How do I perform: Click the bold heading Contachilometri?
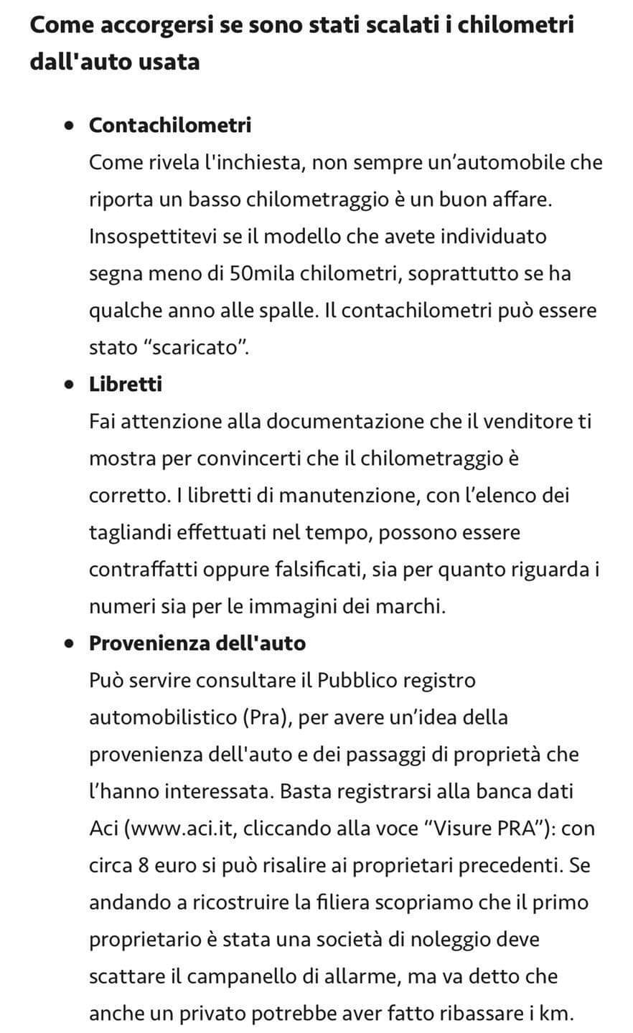[x=170, y=125]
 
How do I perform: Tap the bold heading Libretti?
[x=126, y=385]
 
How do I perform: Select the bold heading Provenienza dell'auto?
[x=197, y=643]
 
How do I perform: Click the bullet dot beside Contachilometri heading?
[x=69, y=126]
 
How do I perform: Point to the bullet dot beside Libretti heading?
[x=69, y=385]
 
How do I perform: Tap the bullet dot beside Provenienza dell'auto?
[x=69, y=643]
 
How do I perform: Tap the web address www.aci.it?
[x=178, y=829]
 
